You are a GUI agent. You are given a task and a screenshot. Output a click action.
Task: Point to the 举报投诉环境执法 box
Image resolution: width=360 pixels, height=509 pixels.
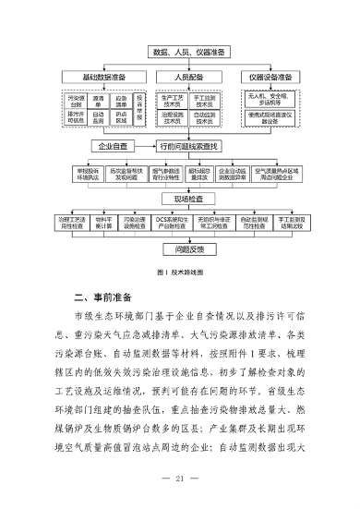pos(88,173)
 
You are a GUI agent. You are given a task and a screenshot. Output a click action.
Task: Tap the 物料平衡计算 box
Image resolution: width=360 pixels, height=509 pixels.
pos(104,224)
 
